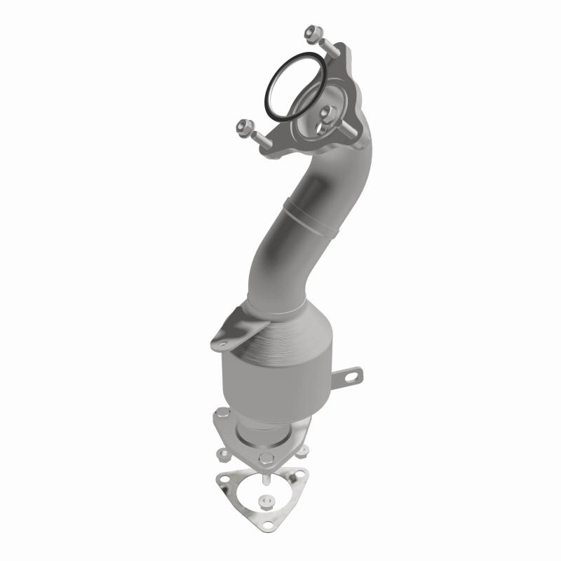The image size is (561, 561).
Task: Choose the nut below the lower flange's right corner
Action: [x=302, y=452]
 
